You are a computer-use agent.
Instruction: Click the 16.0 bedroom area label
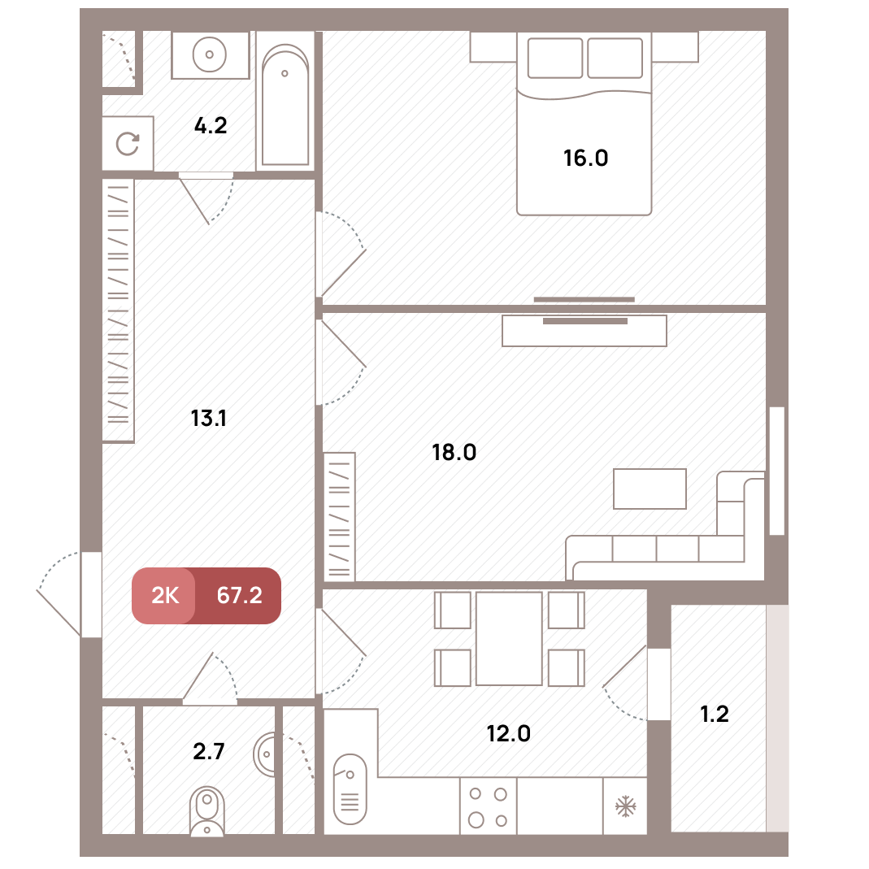[x=586, y=159]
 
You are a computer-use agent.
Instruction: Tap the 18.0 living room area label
[x=454, y=453]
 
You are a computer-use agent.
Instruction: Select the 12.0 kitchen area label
[x=508, y=734]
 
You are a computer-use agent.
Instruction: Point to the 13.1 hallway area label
[x=208, y=419]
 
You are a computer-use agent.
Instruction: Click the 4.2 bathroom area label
[x=211, y=126]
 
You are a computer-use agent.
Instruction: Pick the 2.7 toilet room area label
[x=208, y=751]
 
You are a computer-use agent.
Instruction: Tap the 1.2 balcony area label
[x=715, y=715]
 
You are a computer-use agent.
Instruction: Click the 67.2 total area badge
[x=239, y=596]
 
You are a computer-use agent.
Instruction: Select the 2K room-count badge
[x=164, y=596]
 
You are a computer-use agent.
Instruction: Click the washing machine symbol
[x=128, y=144]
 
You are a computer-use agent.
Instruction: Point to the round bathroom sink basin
[x=210, y=54]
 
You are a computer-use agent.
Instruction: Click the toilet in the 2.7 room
[x=206, y=811]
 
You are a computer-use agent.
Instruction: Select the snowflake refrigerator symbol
[x=625, y=806]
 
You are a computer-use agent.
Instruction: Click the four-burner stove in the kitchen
[x=489, y=806]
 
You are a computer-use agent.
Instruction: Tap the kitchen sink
[x=350, y=789]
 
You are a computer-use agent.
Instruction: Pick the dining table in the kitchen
[x=509, y=638]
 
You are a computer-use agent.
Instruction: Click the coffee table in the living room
[x=650, y=489]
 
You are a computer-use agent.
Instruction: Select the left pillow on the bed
[x=554, y=59]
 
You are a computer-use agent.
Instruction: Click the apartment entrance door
[x=91, y=594]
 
